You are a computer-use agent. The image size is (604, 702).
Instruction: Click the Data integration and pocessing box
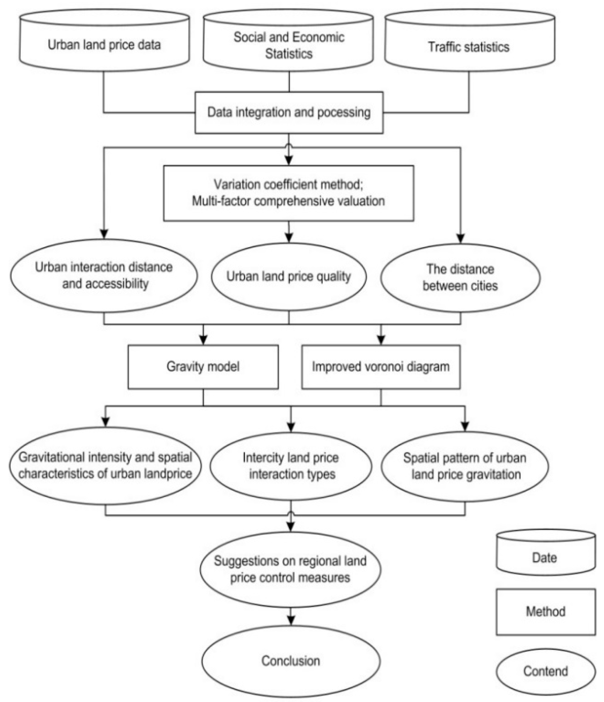[x=289, y=113]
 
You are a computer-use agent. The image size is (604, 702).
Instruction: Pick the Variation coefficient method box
[x=288, y=193]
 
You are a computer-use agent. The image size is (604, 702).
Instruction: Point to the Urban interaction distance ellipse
[x=104, y=275]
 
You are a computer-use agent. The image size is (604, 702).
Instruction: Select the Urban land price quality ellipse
[x=288, y=276]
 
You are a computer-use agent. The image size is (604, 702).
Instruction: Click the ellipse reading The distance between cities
[x=460, y=277]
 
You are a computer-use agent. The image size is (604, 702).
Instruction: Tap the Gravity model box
[x=203, y=367]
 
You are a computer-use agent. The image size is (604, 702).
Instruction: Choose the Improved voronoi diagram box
[x=380, y=367]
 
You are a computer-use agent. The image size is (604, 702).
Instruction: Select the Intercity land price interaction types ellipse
[x=291, y=466]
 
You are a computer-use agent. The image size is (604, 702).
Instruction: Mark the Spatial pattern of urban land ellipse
[x=465, y=466]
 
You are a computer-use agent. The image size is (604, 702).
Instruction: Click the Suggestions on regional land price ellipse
[x=290, y=569]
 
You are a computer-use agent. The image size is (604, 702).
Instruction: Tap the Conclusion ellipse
[x=291, y=661]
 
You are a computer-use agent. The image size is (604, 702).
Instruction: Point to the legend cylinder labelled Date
[x=545, y=557]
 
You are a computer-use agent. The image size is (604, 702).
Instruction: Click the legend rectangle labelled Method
[x=545, y=612]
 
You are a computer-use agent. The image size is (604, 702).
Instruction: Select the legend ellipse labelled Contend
[x=545, y=671]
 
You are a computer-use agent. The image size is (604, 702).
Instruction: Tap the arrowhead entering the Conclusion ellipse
[x=291, y=620]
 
